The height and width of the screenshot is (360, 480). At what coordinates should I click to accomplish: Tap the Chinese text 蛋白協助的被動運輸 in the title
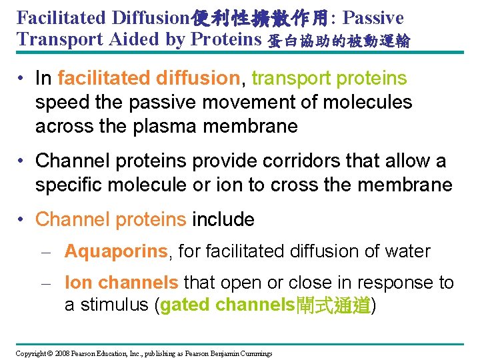tap(339, 41)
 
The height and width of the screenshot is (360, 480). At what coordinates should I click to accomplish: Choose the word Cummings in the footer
tap(255, 353)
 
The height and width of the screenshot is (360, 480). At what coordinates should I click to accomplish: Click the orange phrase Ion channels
tap(121, 283)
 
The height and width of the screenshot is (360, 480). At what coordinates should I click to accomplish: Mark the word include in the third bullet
tap(223, 219)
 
